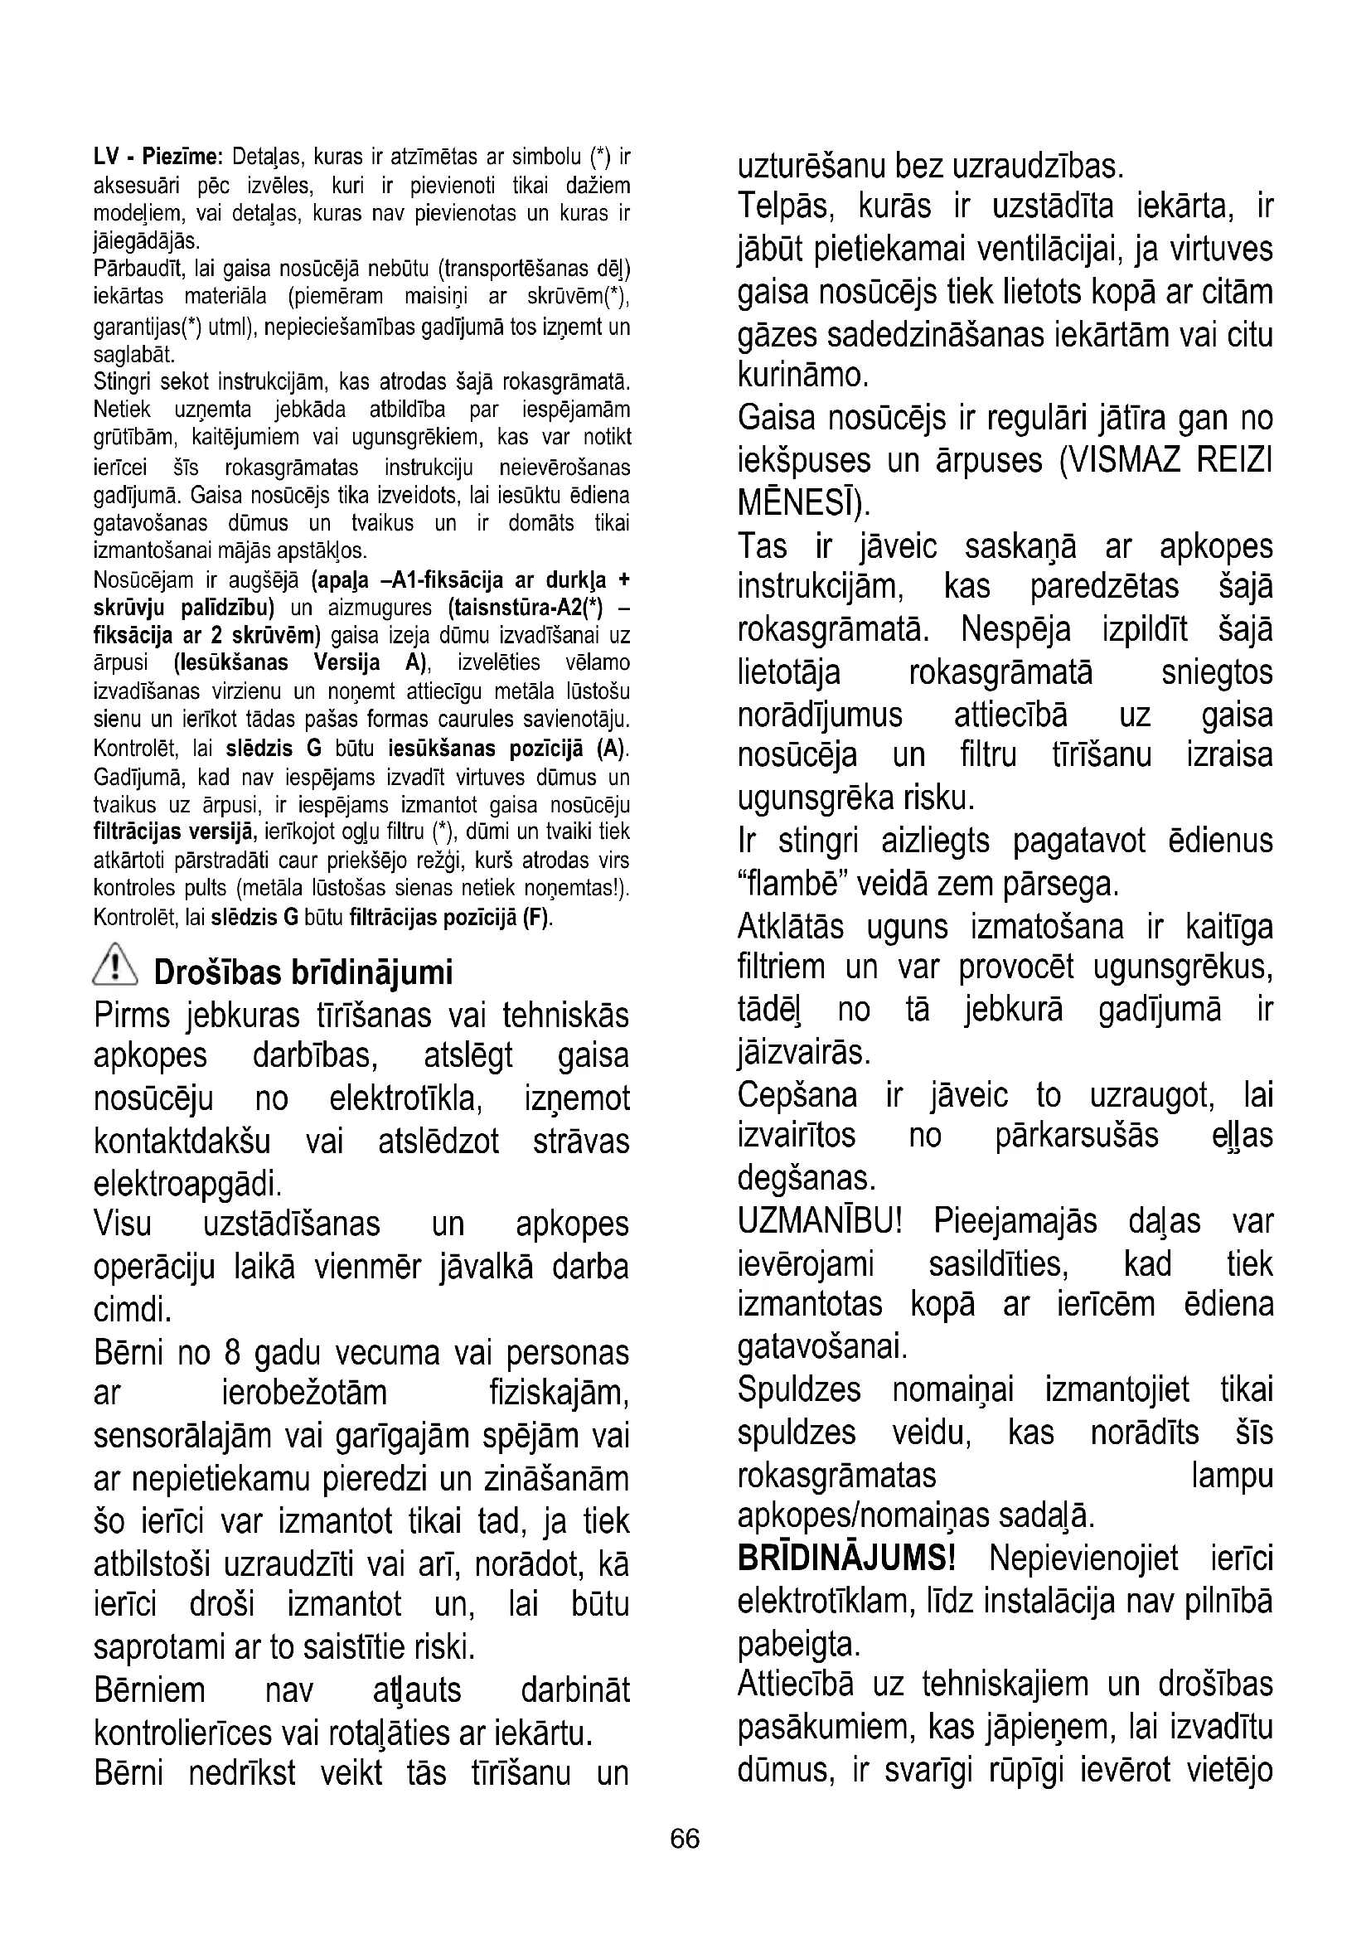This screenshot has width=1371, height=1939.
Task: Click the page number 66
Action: tap(685, 1838)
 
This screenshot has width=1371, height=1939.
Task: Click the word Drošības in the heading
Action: tap(216, 972)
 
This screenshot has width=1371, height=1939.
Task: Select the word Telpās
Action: tap(785, 206)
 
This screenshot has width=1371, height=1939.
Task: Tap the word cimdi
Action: tap(133, 1310)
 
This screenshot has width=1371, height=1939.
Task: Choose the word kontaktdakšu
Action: tap(182, 1141)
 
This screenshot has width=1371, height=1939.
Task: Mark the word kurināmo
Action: tap(802, 375)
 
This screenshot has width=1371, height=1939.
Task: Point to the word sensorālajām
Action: tap(183, 1436)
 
